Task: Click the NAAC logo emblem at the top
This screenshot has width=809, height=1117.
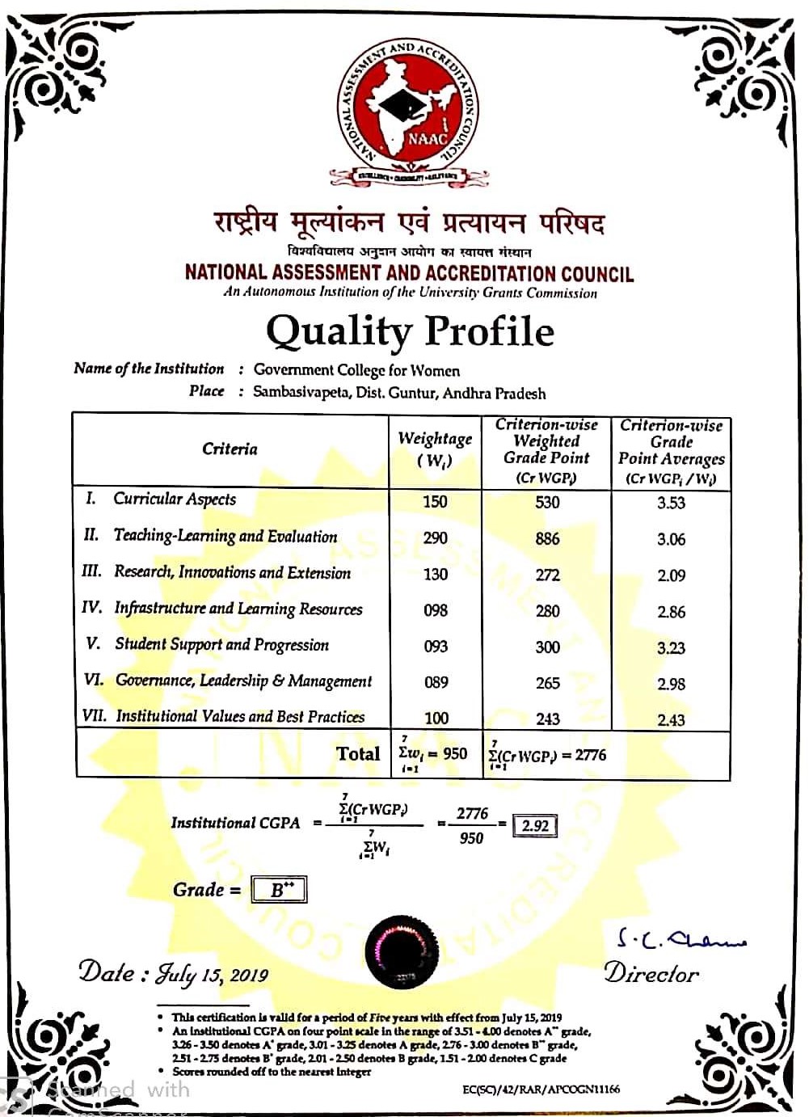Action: coord(408,113)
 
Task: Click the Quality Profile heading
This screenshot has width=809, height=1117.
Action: coord(410,331)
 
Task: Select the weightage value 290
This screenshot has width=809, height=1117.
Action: coord(435,537)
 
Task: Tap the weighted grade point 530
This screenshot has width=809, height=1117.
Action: coord(547,502)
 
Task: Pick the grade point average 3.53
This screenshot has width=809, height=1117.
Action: coord(671,503)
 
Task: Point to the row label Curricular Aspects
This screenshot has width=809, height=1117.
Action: coord(175,499)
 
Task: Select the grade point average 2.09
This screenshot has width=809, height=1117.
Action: coord(671,575)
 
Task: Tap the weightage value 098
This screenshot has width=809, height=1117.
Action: coord(436,611)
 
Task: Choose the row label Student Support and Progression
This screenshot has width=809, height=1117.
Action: coord(221,644)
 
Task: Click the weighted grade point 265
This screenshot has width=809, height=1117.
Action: coord(547,683)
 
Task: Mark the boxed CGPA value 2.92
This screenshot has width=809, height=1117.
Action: coord(535,825)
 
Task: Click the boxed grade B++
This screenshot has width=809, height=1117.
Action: coord(279,890)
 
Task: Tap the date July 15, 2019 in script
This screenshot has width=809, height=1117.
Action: coord(212,973)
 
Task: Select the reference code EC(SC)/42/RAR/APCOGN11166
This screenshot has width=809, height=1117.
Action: coord(541,1089)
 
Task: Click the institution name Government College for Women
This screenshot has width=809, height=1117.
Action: coord(356,370)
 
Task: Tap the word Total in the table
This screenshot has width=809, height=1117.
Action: coord(357,753)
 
